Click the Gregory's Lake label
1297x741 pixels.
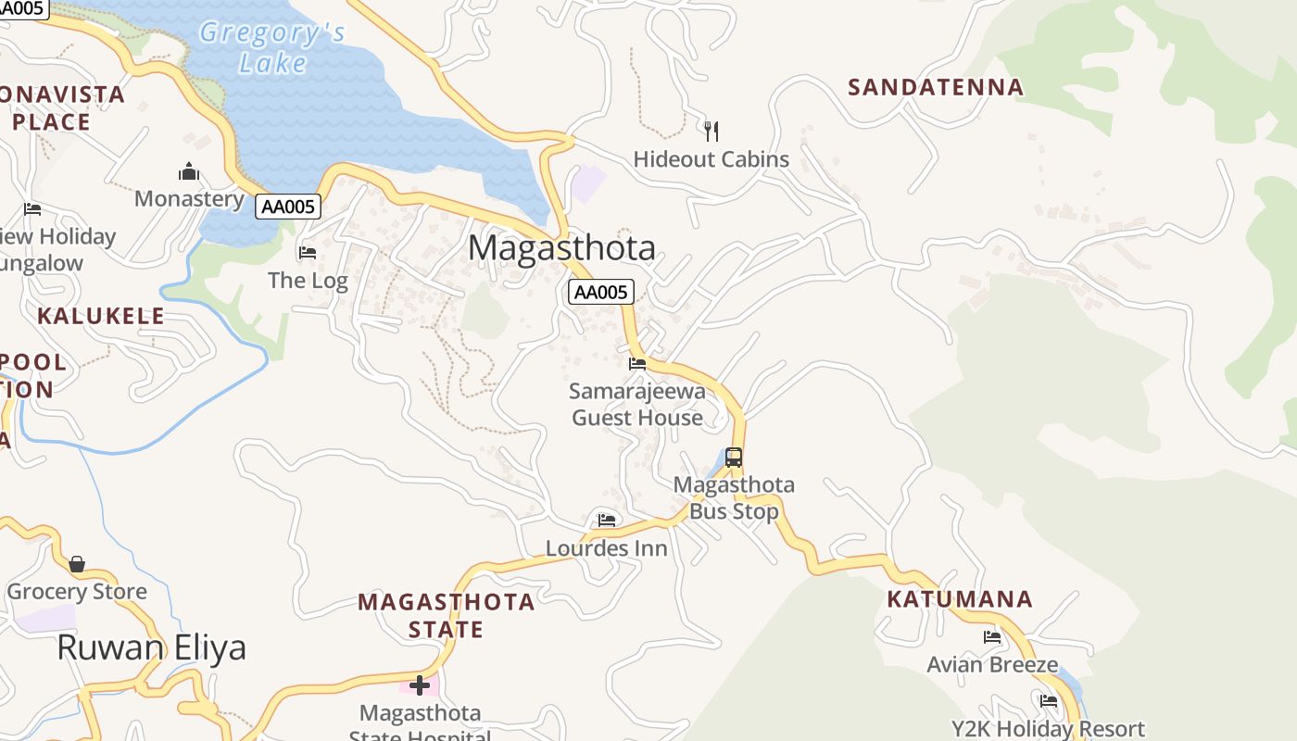click(272, 47)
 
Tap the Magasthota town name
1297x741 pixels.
click(561, 248)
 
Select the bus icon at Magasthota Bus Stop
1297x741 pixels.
click(734, 457)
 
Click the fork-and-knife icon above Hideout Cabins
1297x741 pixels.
click(711, 131)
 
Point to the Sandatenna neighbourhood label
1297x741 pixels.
click(936, 87)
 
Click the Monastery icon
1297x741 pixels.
click(189, 171)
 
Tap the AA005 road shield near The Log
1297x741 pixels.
click(288, 207)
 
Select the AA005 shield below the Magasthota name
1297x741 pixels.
click(600, 293)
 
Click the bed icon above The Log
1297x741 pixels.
click(308, 252)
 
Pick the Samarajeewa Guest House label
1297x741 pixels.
click(637, 405)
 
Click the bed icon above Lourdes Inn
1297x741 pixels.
click(607, 520)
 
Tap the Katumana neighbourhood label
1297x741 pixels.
click(960, 599)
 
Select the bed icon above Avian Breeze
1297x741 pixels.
click(992, 636)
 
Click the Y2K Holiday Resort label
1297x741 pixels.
click(1048, 729)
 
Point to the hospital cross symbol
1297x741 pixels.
click(420, 685)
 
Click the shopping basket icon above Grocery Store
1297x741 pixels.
click(77, 564)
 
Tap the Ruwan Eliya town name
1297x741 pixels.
click(152, 647)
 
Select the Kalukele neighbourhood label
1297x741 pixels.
click(101, 316)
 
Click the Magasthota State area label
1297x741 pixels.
click(447, 616)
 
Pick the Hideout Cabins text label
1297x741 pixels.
click(711, 159)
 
